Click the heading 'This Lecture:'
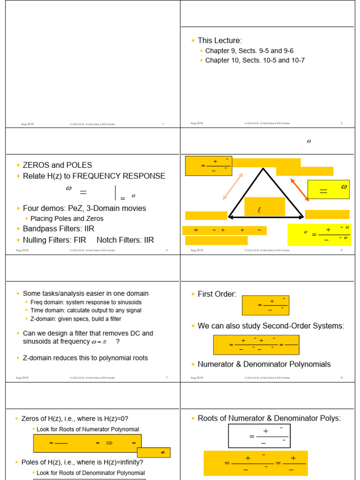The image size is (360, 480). tap(219, 41)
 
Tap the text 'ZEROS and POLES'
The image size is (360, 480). tap(57, 165)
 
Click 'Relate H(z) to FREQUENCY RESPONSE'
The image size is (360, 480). tap(94, 176)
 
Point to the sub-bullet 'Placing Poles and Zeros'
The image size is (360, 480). tap(67, 218)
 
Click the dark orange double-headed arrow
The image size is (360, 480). tap(300, 189)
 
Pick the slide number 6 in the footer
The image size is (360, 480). tap(341, 250)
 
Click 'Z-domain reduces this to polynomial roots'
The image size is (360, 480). tap(85, 358)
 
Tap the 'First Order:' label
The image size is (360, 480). tap(217, 294)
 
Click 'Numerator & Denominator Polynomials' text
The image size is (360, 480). tap(264, 364)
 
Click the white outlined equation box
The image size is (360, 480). tap(259, 436)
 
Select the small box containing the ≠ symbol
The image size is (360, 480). tap(154, 453)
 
